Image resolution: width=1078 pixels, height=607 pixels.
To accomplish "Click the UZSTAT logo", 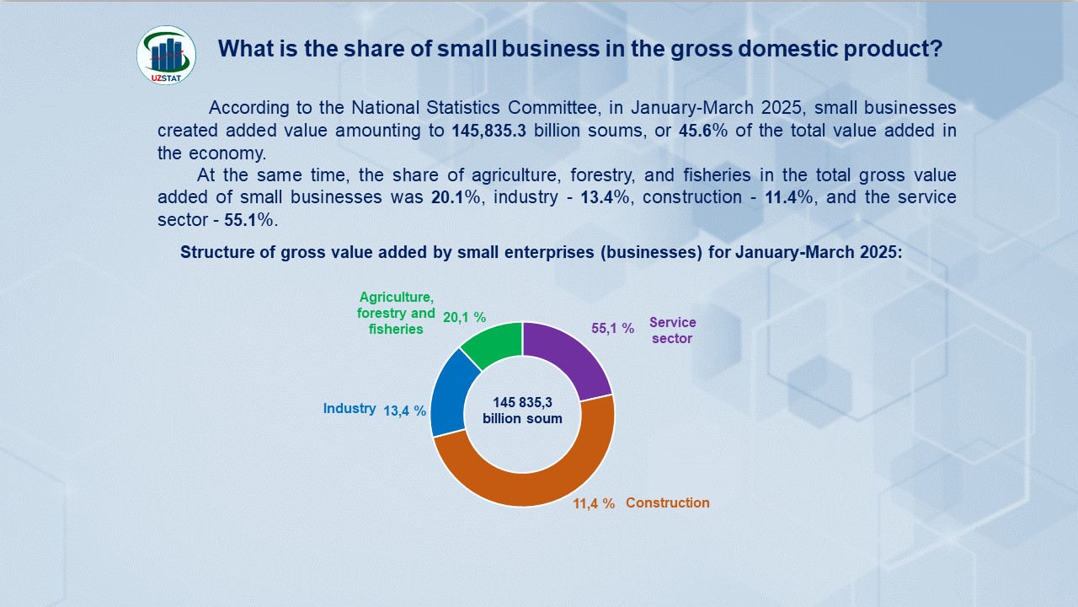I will (x=166, y=55).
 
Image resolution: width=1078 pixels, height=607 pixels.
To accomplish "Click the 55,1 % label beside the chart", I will (x=612, y=329).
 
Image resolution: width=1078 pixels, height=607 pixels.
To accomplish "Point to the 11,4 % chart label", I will (x=594, y=504).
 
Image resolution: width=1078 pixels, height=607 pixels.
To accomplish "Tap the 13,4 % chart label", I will (x=404, y=411).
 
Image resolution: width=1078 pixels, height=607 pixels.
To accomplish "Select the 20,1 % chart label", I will (x=464, y=318).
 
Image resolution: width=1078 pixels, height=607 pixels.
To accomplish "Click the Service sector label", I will (x=672, y=330).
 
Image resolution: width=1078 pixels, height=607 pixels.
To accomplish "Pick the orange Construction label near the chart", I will (x=667, y=503).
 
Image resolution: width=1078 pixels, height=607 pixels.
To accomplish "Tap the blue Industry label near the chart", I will (x=349, y=409).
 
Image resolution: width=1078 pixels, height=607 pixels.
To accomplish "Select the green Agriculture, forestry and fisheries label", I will (x=396, y=313).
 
